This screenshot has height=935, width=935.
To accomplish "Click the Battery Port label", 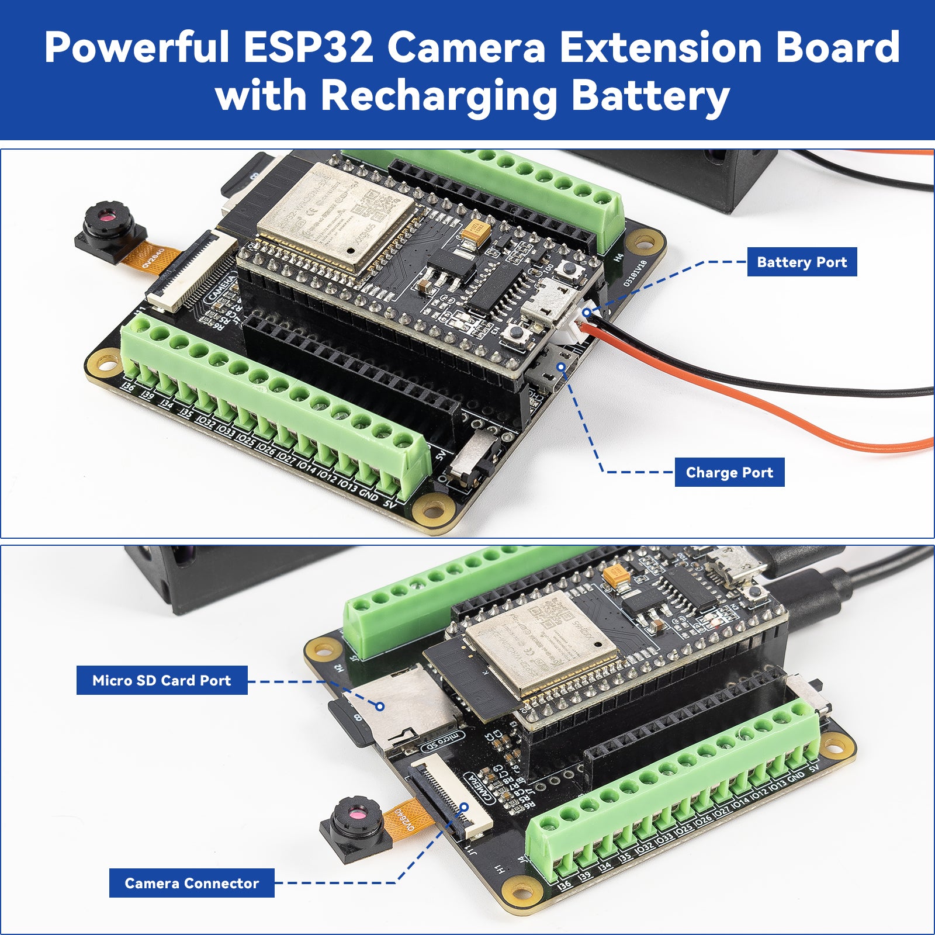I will click(x=802, y=262).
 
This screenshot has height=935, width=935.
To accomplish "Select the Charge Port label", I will click(x=729, y=473).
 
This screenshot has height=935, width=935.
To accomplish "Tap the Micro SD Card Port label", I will click(x=162, y=680).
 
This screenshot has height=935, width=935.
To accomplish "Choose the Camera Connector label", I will click(x=192, y=883).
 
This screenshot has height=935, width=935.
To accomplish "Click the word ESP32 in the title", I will click(x=308, y=47).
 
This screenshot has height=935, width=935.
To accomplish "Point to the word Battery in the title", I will click(x=650, y=95).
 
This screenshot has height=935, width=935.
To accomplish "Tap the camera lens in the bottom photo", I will click(x=357, y=814).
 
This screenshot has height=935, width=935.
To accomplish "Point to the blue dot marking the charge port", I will click(x=561, y=367).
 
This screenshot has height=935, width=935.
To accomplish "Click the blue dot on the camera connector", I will click(x=464, y=807).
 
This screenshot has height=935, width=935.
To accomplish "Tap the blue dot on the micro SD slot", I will click(x=380, y=707).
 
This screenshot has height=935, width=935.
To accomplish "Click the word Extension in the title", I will click(x=661, y=47).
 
